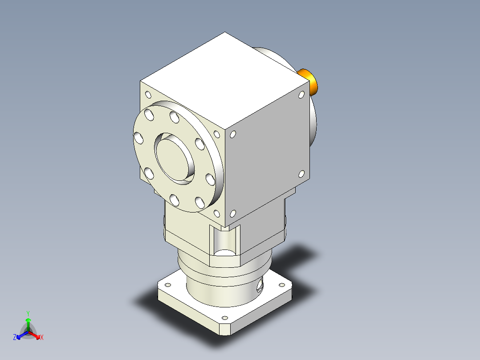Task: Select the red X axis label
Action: point(42,337)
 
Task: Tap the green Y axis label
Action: point(28,313)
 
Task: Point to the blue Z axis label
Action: point(15,337)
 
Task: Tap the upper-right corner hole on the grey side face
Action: point(301,94)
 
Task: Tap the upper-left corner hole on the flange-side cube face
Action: point(147,94)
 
